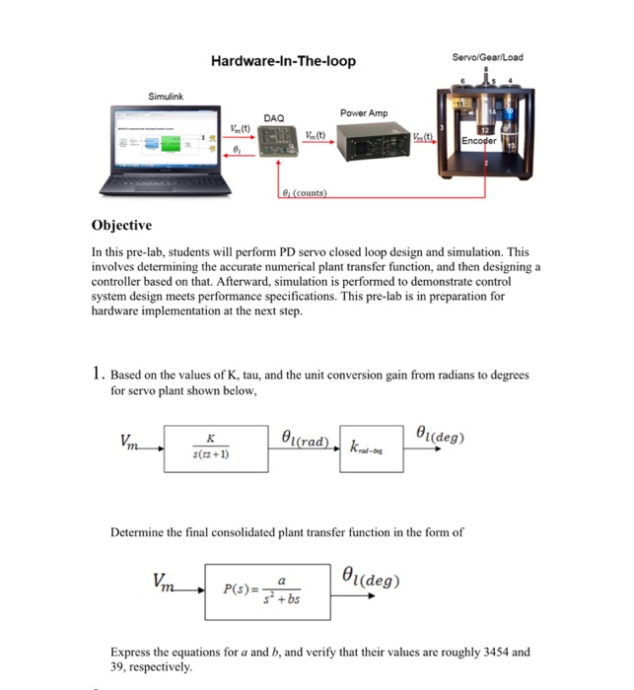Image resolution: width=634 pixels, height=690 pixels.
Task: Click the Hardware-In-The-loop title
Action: (x=283, y=61)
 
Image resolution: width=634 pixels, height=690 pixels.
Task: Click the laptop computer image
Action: (x=162, y=152)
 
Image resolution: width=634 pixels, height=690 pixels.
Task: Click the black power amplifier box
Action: (x=368, y=148)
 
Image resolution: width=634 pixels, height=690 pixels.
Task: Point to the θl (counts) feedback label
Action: (x=303, y=192)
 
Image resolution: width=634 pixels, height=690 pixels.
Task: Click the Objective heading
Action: (x=121, y=225)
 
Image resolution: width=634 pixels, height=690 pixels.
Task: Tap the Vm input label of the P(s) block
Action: (x=168, y=580)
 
